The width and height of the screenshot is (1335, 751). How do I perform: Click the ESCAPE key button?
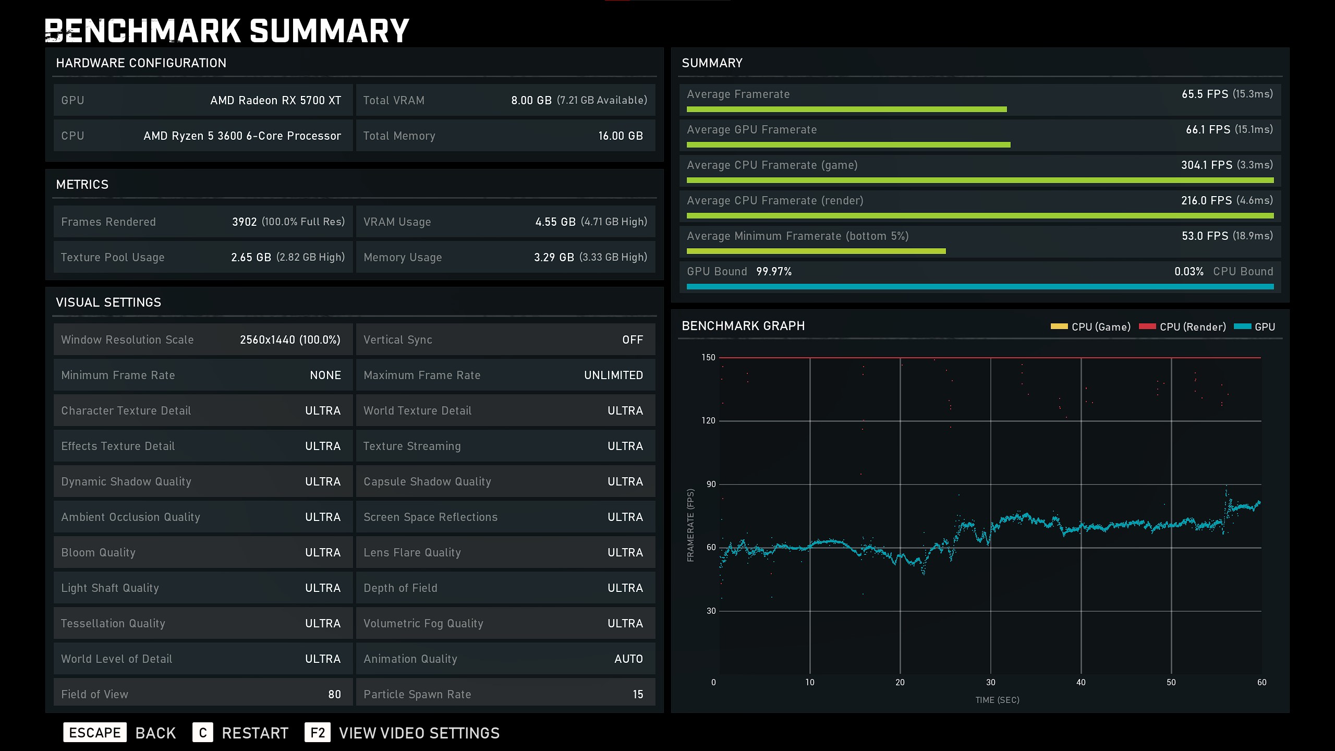(94, 733)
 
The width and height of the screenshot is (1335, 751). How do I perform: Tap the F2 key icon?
(317, 733)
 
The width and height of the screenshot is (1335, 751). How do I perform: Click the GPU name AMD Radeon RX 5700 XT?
(275, 100)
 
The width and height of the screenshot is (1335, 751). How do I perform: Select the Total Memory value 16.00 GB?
(620, 136)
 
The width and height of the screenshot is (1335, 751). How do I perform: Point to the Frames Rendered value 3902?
(244, 222)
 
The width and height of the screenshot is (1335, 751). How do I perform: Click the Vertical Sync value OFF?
(632, 340)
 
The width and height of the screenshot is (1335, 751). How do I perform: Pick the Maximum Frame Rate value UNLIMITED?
(613, 375)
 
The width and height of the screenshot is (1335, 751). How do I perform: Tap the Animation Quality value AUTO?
(628, 659)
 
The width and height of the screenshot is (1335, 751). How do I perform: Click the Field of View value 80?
(334, 694)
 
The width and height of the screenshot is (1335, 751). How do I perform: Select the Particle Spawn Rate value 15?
(638, 694)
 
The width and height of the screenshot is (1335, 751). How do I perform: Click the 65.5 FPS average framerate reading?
(1205, 94)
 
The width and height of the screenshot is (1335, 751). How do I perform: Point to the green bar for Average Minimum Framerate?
(816, 251)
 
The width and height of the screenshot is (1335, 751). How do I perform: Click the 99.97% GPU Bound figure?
(774, 271)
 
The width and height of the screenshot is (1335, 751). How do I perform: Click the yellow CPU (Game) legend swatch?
(1059, 326)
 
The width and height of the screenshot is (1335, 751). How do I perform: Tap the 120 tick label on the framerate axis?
(708, 420)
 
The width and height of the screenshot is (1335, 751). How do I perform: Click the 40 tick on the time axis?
(1081, 682)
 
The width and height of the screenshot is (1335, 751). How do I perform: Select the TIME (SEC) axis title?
(997, 700)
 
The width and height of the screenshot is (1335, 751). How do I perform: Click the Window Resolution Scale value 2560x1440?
(268, 340)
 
